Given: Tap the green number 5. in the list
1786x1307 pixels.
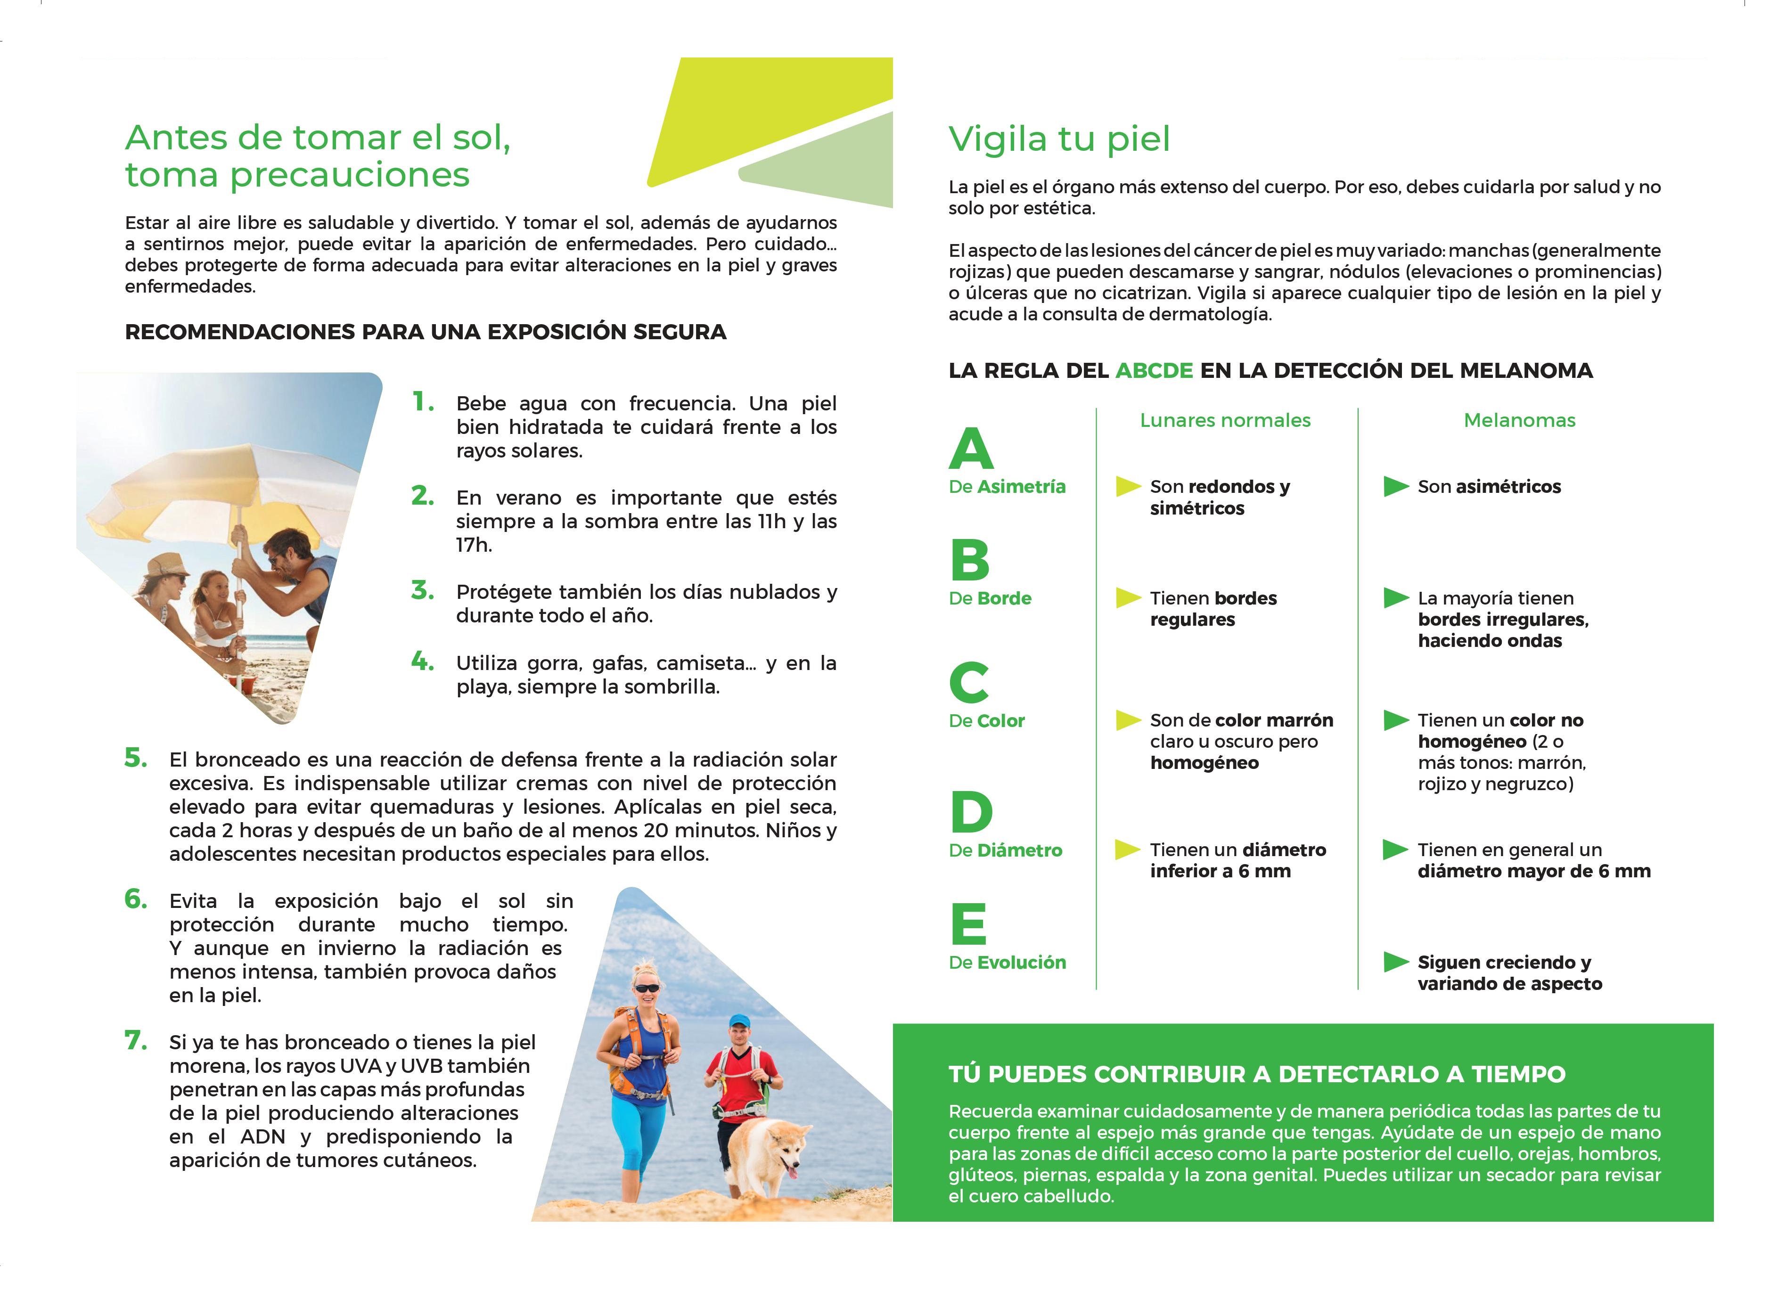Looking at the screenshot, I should point(135,758).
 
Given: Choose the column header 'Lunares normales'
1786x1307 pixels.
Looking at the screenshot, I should point(1224,420).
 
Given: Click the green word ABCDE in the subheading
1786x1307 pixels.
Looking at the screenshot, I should point(1154,370).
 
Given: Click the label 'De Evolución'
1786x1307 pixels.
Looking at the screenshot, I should point(1007,962).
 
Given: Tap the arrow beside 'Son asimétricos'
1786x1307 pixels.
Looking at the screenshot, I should point(1395,487).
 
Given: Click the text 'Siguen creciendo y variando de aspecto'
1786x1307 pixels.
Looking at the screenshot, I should point(1508,973).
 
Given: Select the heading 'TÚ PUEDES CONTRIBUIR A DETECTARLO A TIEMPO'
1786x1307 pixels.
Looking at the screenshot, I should point(1257,1074).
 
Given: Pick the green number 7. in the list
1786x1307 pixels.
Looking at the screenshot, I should point(135,1040).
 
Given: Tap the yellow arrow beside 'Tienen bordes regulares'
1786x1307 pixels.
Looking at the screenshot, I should point(1128,598).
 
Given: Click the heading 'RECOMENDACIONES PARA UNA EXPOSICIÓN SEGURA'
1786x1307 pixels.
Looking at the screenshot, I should point(425,332).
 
